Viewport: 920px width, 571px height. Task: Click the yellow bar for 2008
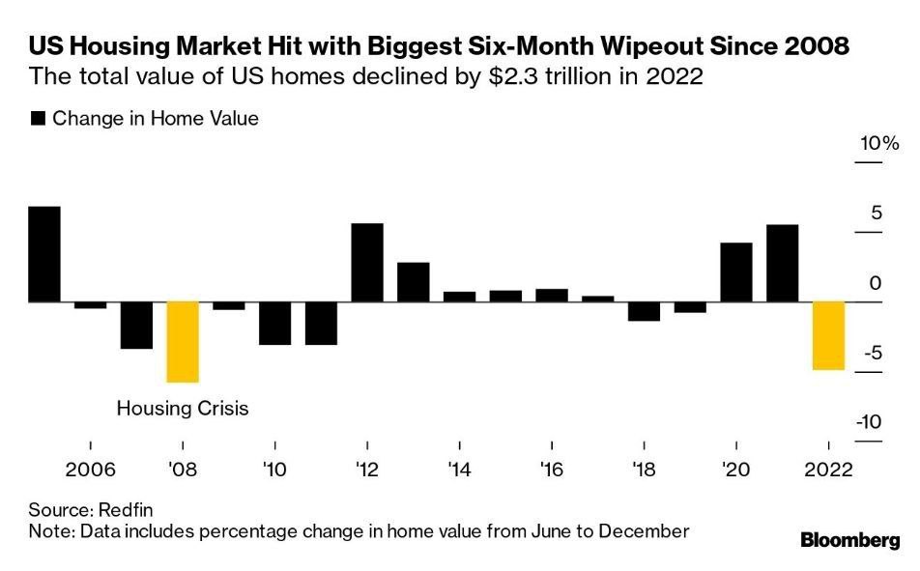[x=183, y=341]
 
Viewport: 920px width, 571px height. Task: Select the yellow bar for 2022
[x=828, y=335]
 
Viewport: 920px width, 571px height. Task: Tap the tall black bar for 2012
[x=367, y=263]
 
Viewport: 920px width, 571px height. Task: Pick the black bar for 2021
[x=782, y=263]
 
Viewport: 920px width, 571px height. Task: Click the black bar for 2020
[x=736, y=272]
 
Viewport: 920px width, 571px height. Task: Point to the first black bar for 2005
[x=44, y=254]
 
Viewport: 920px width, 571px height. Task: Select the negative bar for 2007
[x=136, y=325]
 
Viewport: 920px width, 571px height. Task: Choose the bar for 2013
[x=413, y=282]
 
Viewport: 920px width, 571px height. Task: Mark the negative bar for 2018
[x=644, y=311]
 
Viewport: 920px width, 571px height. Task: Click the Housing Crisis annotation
[x=183, y=409]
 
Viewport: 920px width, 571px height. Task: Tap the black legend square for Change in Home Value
[x=39, y=119]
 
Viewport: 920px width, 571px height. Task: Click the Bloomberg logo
[x=849, y=541]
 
